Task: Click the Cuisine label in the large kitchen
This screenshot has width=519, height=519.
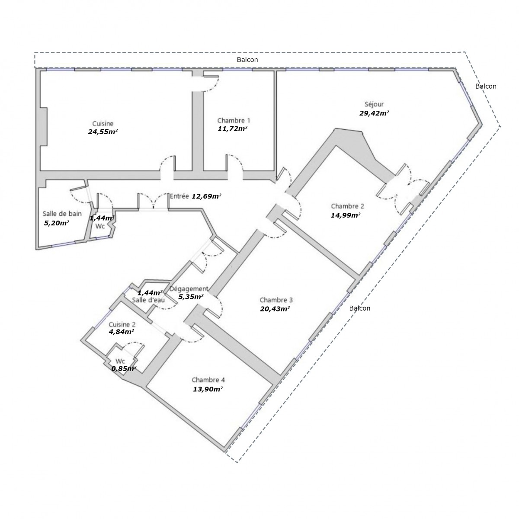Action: (103, 124)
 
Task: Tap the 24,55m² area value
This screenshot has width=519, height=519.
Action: (103, 132)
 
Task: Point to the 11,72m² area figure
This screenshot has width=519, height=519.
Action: (232, 128)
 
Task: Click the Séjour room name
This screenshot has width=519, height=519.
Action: (374, 104)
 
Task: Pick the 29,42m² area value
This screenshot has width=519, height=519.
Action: (374, 113)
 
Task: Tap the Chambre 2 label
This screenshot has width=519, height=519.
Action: (347, 206)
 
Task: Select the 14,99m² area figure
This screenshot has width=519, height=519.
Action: (346, 215)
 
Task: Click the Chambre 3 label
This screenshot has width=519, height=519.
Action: (276, 300)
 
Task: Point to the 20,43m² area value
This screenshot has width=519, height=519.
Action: (275, 309)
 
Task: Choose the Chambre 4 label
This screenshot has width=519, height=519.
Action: (208, 380)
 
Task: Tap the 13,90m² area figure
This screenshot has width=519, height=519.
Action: (208, 389)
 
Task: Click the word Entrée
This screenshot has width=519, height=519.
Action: (179, 196)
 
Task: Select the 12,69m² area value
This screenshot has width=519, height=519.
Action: (206, 196)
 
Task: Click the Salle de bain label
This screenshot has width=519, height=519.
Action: (62, 214)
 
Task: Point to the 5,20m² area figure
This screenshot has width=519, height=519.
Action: (57, 223)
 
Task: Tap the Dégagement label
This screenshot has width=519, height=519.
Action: (189, 289)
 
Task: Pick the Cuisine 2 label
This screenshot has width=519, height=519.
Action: (122, 324)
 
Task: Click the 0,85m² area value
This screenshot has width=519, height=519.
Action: (124, 368)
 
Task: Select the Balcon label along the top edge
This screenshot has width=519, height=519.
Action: (247, 60)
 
